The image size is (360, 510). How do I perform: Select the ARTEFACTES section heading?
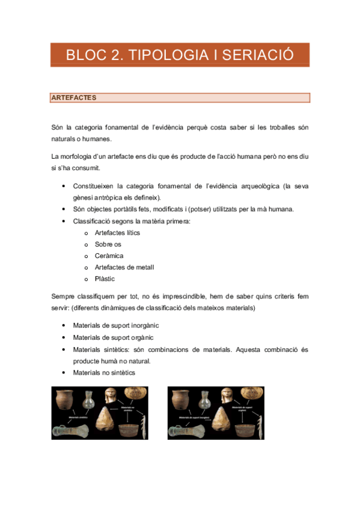[74, 97]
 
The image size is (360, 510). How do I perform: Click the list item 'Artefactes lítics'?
[117, 232]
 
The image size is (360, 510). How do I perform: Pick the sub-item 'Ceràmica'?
[109, 256]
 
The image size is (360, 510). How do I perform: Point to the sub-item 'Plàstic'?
[105, 279]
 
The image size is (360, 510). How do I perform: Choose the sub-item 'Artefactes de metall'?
[124, 268]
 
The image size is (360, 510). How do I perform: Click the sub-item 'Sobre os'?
[108, 244]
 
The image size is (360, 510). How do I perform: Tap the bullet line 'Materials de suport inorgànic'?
[116, 325]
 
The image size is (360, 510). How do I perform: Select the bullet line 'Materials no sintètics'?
[104, 372]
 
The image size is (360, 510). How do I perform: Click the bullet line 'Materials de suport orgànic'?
[112, 337]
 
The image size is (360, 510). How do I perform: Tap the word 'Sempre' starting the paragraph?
[62, 296]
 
